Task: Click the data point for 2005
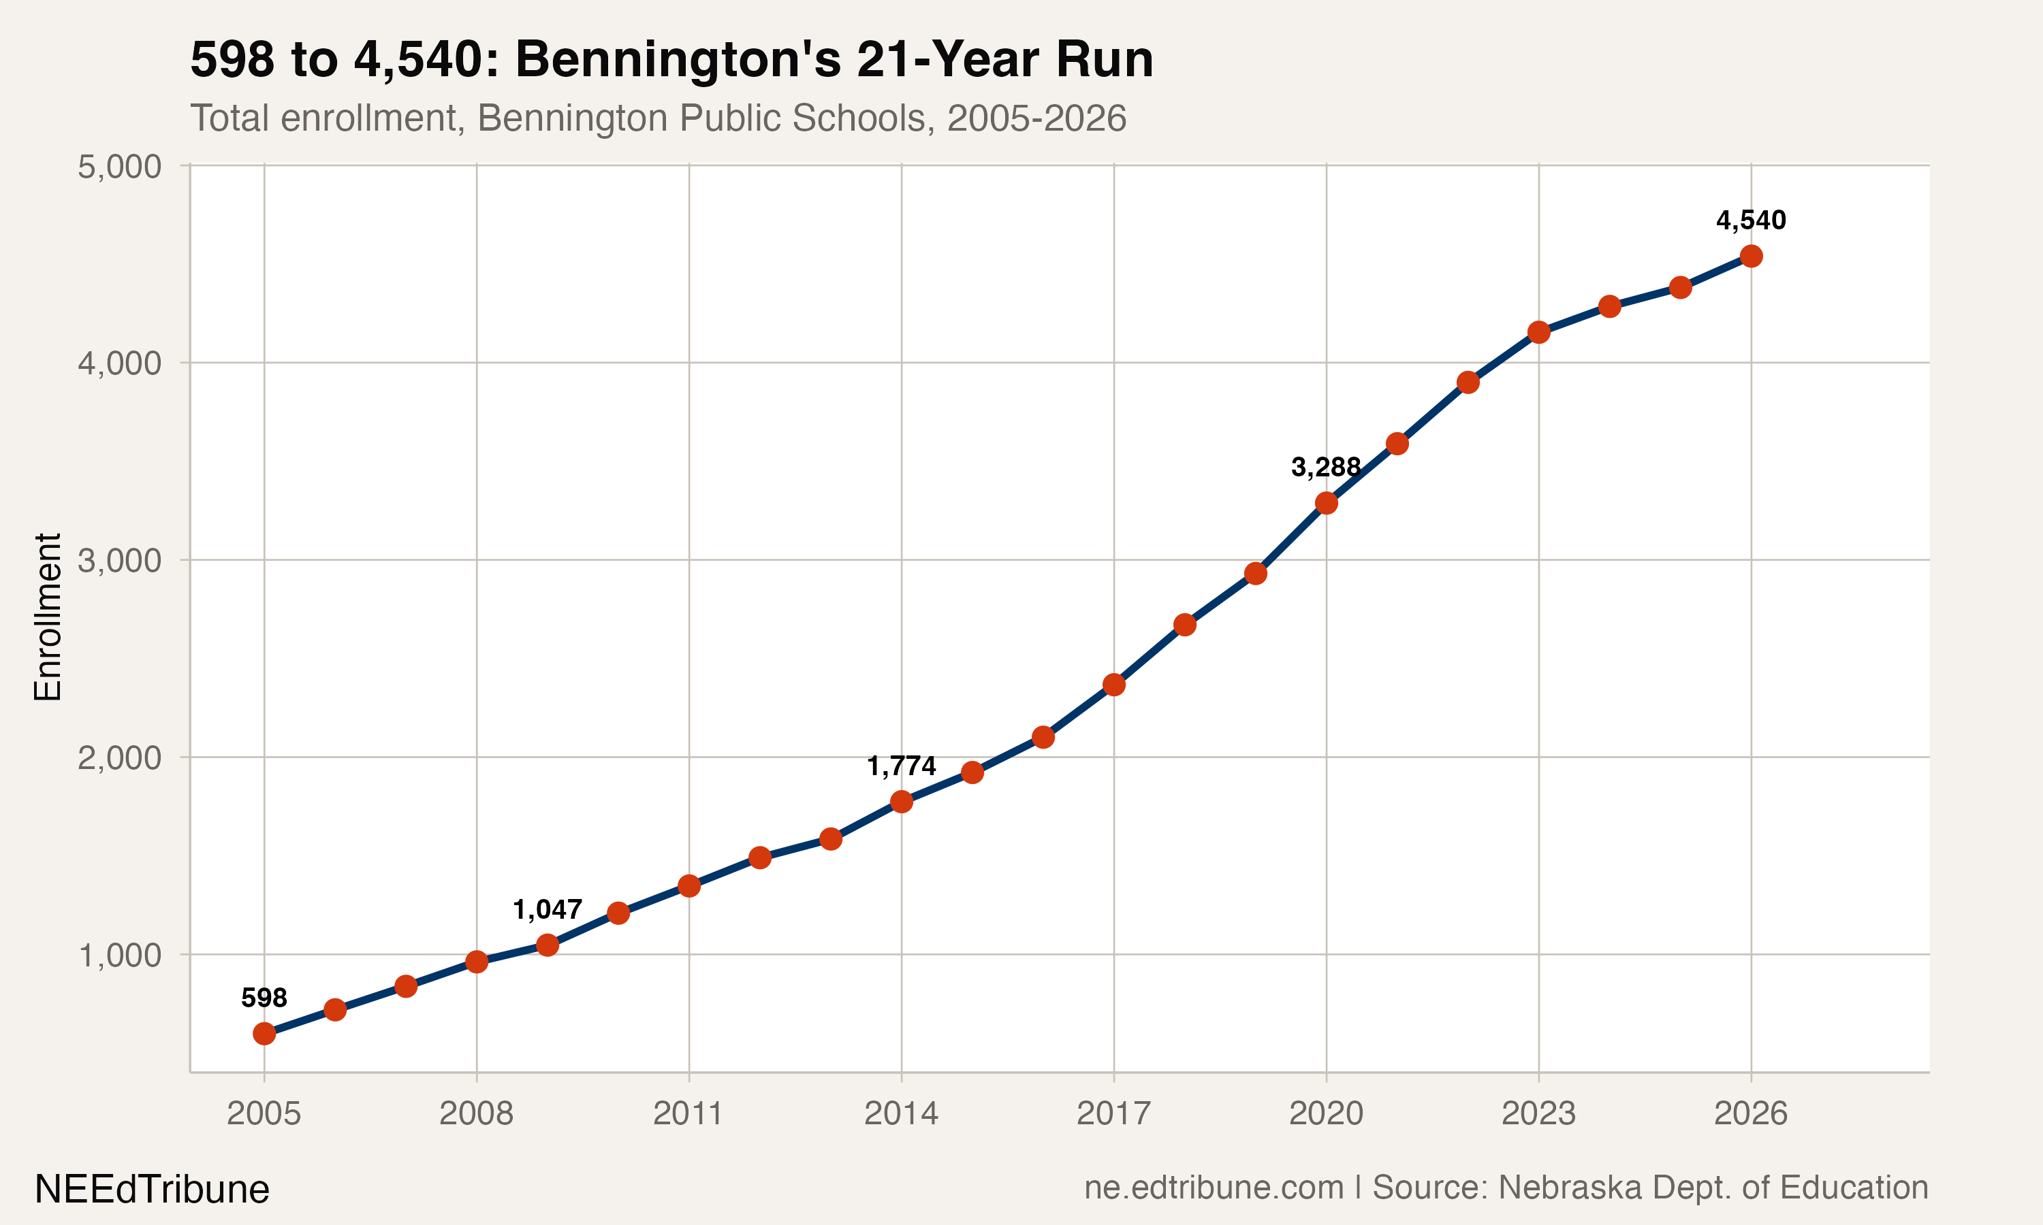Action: click(264, 1034)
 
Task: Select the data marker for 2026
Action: click(1751, 256)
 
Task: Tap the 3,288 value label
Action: click(1325, 468)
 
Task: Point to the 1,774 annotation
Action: click(901, 766)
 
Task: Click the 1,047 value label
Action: click(547, 910)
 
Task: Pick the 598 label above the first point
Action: click(264, 997)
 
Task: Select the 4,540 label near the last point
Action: click(1751, 220)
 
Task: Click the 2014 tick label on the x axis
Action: click(901, 1113)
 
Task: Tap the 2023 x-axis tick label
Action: click(1538, 1113)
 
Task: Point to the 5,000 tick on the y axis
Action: click(119, 167)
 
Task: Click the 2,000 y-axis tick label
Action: click(119, 757)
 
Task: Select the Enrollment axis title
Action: click(48, 617)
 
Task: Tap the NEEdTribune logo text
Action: click(152, 1190)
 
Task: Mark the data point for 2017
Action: click(1114, 685)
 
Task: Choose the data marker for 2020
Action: click(1326, 503)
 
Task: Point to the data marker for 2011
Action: click(688, 885)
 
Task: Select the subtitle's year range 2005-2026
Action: click(1036, 118)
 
